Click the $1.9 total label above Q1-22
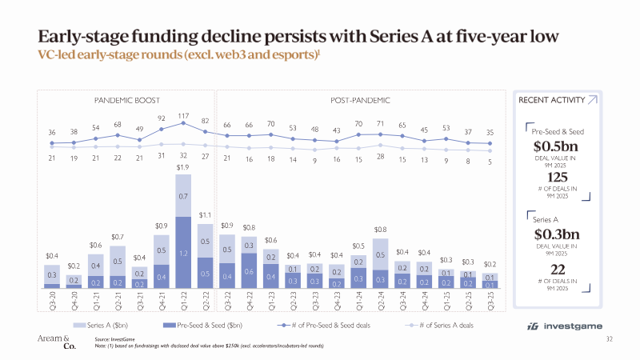coord(183,167)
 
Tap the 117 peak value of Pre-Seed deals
coord(183,115)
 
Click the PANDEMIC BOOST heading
coord(128,100)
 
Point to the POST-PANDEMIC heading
coord(360,100)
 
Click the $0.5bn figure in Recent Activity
coord(555,146)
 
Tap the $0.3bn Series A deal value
coord(555,235)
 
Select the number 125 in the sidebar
coord(555,177)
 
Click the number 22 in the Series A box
coord(555,269)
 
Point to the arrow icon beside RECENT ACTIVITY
coord(591,100)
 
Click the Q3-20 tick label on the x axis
coord(52,302)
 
